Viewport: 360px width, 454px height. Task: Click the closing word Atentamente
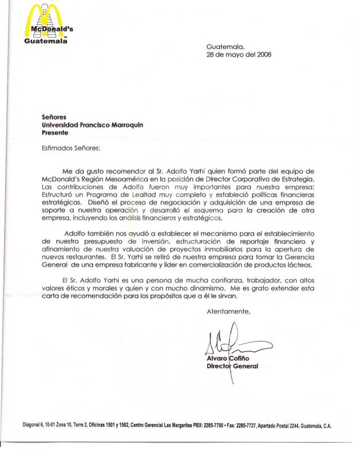pyautogui.click(x=229, y=312)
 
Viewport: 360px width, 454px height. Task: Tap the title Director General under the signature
pyautogui.click(x=232, y=366)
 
